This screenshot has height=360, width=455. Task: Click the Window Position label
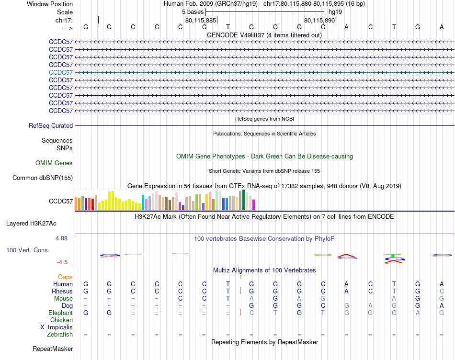point(50,4)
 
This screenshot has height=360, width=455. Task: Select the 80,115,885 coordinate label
point(201,20)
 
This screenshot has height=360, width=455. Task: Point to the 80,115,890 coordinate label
point(319,20)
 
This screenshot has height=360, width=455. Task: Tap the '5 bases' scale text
point(193,11)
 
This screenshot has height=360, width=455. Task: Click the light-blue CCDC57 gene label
point(61,72)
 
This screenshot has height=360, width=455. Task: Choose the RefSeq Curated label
point(51,126)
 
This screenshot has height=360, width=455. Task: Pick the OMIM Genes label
point(54,163)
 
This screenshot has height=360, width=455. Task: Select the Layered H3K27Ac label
point(31,223)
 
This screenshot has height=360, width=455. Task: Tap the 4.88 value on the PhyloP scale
point(63,238)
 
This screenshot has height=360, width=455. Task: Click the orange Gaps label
point(65,277)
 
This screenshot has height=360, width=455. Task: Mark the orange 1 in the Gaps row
point(240,277)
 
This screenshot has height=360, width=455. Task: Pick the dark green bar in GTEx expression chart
point(243,200)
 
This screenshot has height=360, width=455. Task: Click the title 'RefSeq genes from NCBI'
point(264,118)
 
